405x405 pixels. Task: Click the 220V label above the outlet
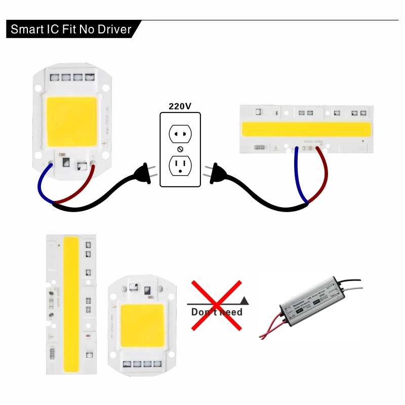pyautogui.click(x=180, y=106)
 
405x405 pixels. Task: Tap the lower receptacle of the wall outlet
pyautogui.click(x=180, y=165)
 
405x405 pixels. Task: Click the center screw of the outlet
pyautogui.click(x=180, y=150)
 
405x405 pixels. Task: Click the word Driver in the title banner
pyautogui.click(x=111, y=29)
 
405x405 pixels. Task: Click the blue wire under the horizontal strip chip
pyautogui.click(x=299, y=177)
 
